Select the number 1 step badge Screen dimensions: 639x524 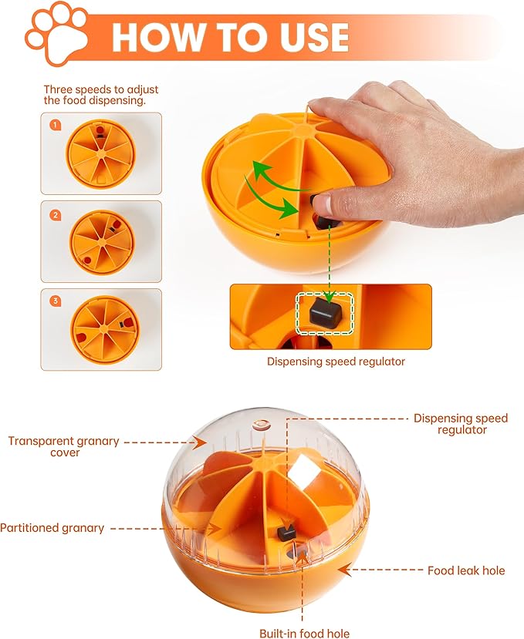tap(55, 124)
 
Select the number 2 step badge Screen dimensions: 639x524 tap(55, 215)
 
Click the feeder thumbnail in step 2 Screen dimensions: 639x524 tap(100, 240)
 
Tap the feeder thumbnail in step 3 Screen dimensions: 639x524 tap(100, 328)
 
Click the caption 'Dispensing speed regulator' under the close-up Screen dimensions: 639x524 tap(336, 361)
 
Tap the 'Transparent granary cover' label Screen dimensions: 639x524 tap(63, 447)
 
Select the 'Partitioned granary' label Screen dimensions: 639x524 tap(52, 528)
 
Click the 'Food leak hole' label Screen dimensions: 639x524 tap(466, 570)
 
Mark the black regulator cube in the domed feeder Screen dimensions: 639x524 tap(286, 532)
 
